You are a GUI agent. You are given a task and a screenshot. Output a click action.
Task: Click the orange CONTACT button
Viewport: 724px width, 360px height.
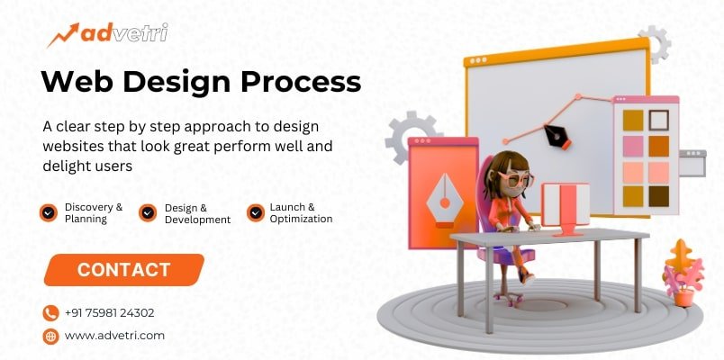click(x=124, y=269)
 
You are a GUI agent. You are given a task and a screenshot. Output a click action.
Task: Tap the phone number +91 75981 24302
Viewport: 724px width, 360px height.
click(x=109, y=313)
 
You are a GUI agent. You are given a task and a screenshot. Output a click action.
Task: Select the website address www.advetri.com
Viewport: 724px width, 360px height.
click(x=114, y=336)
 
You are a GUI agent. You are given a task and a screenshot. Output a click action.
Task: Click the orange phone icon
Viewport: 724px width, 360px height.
click(x=50, y=313)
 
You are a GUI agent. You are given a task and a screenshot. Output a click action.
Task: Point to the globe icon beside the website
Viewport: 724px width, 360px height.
click(x=50, y=336)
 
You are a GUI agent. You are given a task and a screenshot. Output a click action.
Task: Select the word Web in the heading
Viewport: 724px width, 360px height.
click(x=74, y=82)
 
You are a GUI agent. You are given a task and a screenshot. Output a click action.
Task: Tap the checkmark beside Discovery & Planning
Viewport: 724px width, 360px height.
click(x=49, y=213)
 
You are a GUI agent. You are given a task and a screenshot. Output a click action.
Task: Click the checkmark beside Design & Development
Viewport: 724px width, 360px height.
click(x=148, y=213)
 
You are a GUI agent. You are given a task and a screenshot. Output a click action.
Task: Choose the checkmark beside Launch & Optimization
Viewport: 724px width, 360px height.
click(x=255, y=213)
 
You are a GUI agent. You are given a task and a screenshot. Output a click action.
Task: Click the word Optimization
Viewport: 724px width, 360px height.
click(x=301, y=219)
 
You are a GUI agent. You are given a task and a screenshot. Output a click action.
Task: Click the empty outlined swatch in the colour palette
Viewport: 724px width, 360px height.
click(x=659, y=119)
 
